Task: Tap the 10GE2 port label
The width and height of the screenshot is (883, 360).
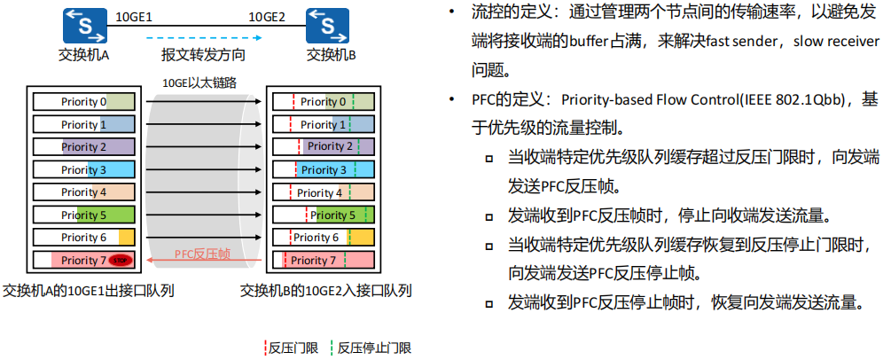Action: pos(267,16)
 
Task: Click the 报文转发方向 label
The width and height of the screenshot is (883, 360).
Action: pos(203,55)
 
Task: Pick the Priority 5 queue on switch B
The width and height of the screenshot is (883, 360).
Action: pos(324,215)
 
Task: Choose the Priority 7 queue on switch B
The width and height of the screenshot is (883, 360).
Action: pos(324,260)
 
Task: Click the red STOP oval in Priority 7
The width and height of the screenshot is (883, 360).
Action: pos(122,260)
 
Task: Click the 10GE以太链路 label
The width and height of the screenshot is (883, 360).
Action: pos(199,82)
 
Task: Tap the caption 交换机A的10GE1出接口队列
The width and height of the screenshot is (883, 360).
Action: pos(88,290)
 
